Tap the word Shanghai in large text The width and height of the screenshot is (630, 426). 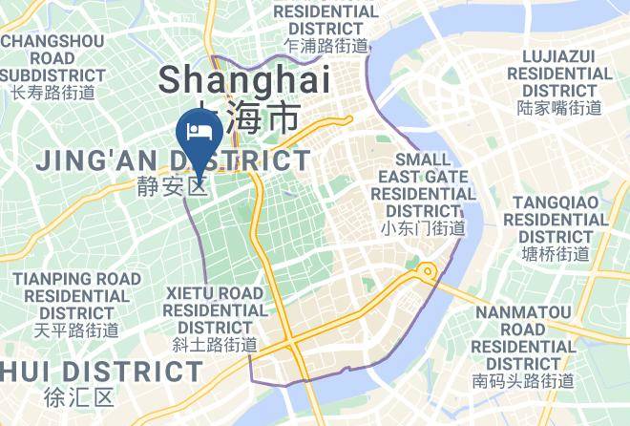click(244, 80)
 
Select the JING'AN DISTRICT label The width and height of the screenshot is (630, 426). click(173, 160)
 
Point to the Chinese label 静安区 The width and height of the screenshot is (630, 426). click(169, 185)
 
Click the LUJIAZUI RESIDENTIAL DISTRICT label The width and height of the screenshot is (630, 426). click(559, 74)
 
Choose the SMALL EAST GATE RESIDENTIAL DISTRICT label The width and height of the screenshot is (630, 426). click(423, 185)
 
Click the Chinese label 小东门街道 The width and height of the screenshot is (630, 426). click(423, 228)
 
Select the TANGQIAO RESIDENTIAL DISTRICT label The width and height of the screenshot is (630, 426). click(559, 220)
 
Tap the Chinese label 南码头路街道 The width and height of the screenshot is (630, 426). click(523, 380)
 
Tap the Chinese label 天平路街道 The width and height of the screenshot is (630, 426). click(76, 330)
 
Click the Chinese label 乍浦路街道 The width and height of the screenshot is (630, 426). click(325, 46)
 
